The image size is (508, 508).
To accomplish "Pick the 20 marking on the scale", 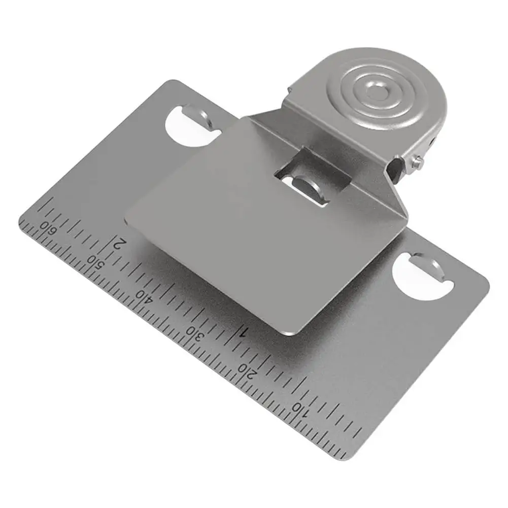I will click(250, 371).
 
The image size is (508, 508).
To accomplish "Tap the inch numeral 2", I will click(119, 242).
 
